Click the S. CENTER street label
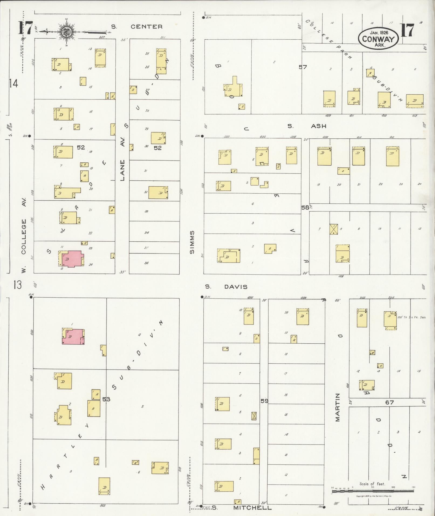click(x=137, y=27)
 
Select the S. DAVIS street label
click(x=226, y=287)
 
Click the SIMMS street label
click(x=192, y=242)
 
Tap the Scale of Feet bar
click(x=373, y=491)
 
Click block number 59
click(x=264, y=401)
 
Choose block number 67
click(x=389, y=402)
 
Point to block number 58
click(x=305, y=207)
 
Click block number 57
click(x=303, y=67)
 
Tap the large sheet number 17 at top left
click(x=25, y=28)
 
